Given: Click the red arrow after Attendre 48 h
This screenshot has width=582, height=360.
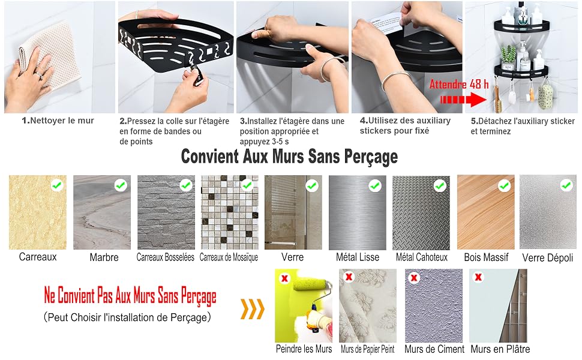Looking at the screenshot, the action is (463, 100).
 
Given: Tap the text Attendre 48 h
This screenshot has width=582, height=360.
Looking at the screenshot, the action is (459, 84).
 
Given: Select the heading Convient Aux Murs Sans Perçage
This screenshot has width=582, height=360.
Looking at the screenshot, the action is (289, 157).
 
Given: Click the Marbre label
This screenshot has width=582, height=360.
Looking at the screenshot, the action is (104, 257).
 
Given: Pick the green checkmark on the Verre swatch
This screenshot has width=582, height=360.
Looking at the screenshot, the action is (312, 185).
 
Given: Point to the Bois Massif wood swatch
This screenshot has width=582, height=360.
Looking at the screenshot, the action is (486, 212).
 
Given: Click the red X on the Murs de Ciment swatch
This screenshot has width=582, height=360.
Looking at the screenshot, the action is (414, 277).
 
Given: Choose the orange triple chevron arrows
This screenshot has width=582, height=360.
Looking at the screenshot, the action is (253, 309).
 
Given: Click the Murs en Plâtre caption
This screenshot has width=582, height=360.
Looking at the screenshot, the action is (500, 349).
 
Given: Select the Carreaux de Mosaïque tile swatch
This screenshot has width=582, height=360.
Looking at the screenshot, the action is (229, 212).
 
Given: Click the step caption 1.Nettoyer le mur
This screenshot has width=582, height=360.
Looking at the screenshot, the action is (58, 121).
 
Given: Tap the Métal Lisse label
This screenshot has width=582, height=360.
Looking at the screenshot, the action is (358, 257).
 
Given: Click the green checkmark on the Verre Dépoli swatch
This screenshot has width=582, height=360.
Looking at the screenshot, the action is (566, 184).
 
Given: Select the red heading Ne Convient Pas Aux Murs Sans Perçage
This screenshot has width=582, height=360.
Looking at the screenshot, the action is (130, 296).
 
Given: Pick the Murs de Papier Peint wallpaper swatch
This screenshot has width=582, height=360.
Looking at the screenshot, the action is (368, 306).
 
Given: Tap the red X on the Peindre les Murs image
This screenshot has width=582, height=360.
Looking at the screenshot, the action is (284, 278).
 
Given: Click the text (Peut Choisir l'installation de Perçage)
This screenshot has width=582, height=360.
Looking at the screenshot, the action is (127, 317).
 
